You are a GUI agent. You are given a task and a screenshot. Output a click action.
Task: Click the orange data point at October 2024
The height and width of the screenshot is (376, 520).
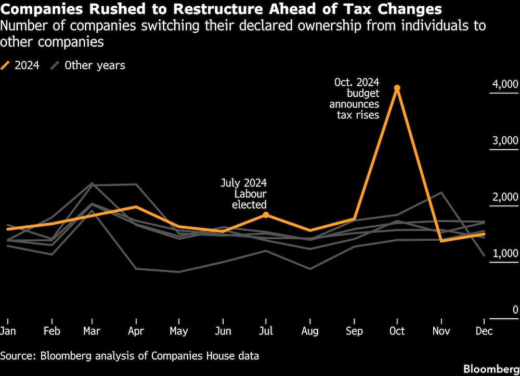coord(397,88)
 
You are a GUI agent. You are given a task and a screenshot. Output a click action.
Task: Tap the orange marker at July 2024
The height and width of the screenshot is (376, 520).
coord(266,215)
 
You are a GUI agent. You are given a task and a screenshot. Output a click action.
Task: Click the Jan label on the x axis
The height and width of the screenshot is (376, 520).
coord(7,330)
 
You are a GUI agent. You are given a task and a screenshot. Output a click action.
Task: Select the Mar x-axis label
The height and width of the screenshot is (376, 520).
coord(92,330)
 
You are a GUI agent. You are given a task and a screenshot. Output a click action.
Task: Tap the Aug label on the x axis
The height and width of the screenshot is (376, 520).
coord(310,330)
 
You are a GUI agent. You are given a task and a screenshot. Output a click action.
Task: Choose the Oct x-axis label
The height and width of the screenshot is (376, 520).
coord(397,330)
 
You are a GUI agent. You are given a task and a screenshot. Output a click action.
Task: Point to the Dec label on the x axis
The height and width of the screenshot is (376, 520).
coord(484,330)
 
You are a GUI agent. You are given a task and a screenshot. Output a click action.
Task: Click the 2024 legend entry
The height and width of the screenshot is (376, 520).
coord(21,66)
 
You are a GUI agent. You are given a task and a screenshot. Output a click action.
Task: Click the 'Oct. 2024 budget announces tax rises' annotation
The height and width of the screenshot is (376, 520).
coord(355,99)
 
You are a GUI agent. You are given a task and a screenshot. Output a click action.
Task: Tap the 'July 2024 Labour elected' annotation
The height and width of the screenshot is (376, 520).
coord(244,194)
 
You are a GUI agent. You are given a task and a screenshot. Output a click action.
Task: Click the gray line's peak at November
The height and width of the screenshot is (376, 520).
coord(441,193)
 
